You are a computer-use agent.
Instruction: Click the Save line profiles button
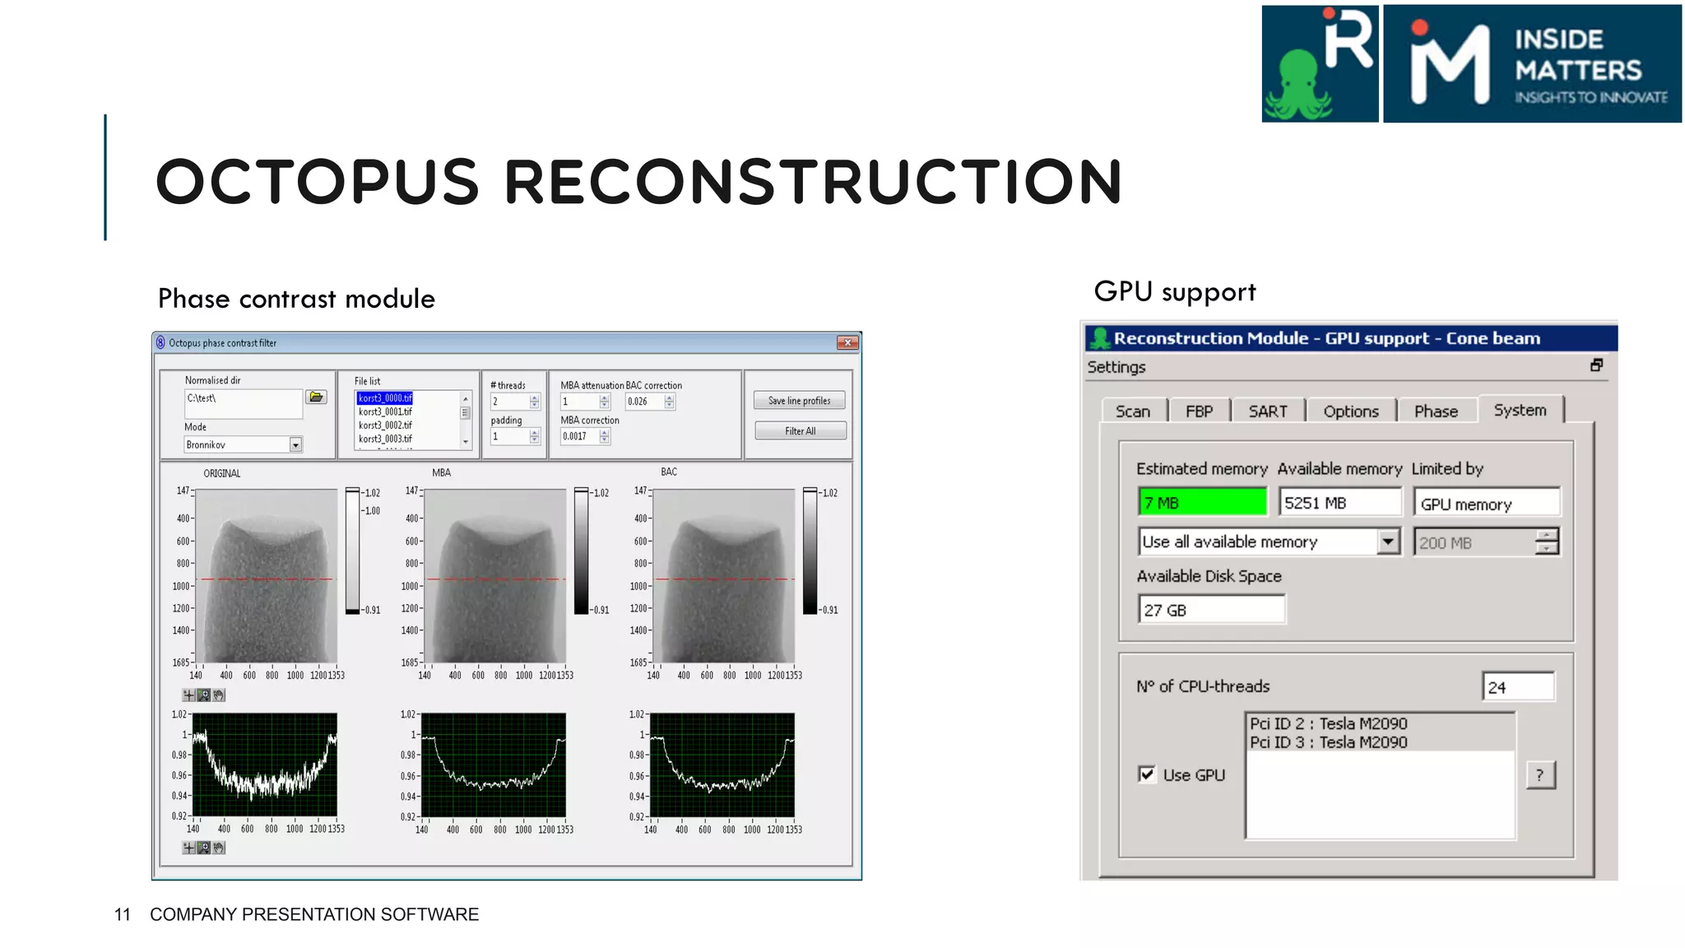pyautogui.click(x=799, y=401)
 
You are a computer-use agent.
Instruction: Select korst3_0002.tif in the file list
pyautogui.click(x=385, y=425)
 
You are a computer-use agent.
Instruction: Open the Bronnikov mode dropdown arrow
pyautogui.click(x=295, y=445)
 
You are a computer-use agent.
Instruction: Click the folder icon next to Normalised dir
pyautogui.click(x=316, y=397)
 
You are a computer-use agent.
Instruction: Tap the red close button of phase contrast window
pyautogui.click(x=847, y=343)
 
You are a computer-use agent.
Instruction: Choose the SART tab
pyautogui.click(x=1267, y=411)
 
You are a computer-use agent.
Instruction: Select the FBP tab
pyautogui.click(x=1199, y=411)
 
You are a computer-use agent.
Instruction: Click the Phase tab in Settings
pyautogui.click(x=1436, y=411)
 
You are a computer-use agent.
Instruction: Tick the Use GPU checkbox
pyautogui.click(x=1147, y=774)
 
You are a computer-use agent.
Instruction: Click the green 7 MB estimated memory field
pyautogui.click(x=1202, y=503)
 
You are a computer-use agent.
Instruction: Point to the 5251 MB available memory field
pyautogui.click(x=1339, y=503)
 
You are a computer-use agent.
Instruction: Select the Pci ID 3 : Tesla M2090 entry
pyautogui.click(x=1328, y=742)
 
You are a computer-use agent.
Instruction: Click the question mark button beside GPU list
pyautogui.click(x=1540, y=775)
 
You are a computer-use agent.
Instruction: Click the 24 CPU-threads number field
pyautogui.click(x=1518, y=687)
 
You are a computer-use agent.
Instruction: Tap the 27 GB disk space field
pyautogui.click(x=1210, y=611)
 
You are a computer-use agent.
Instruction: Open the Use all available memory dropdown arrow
pyautogui.click(x=1388, y=541)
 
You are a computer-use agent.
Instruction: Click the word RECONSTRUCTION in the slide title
pyautogui.click(x=813, y=182)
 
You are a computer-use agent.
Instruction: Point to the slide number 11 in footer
pyautogui.click(x=123, y=915)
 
